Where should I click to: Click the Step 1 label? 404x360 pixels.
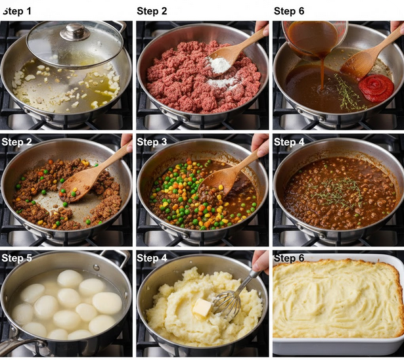click(x=17, y=11)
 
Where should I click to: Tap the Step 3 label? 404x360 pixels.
click(x=152, y=142)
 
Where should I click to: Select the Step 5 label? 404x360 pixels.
click(x=16, y=258)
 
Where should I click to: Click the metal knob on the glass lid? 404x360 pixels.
click(x=75, y=32)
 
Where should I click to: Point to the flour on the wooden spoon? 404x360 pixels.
click(x=219, y=65)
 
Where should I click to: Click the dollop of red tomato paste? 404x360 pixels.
click(x=376, y=87)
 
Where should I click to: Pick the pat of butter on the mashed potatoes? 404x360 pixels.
click(x=202, y=307)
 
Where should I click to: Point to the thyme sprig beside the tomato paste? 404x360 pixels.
click(x=347, y=93)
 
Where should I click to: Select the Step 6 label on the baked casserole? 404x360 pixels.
click(x=289, y=258)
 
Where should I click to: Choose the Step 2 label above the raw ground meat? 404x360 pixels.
click(x=152, y=11)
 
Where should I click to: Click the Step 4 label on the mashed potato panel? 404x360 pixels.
click(x=152, y=258)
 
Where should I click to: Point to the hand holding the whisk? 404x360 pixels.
click(x=261, y=262)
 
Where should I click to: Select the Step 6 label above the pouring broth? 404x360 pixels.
click(x=289, y=11)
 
